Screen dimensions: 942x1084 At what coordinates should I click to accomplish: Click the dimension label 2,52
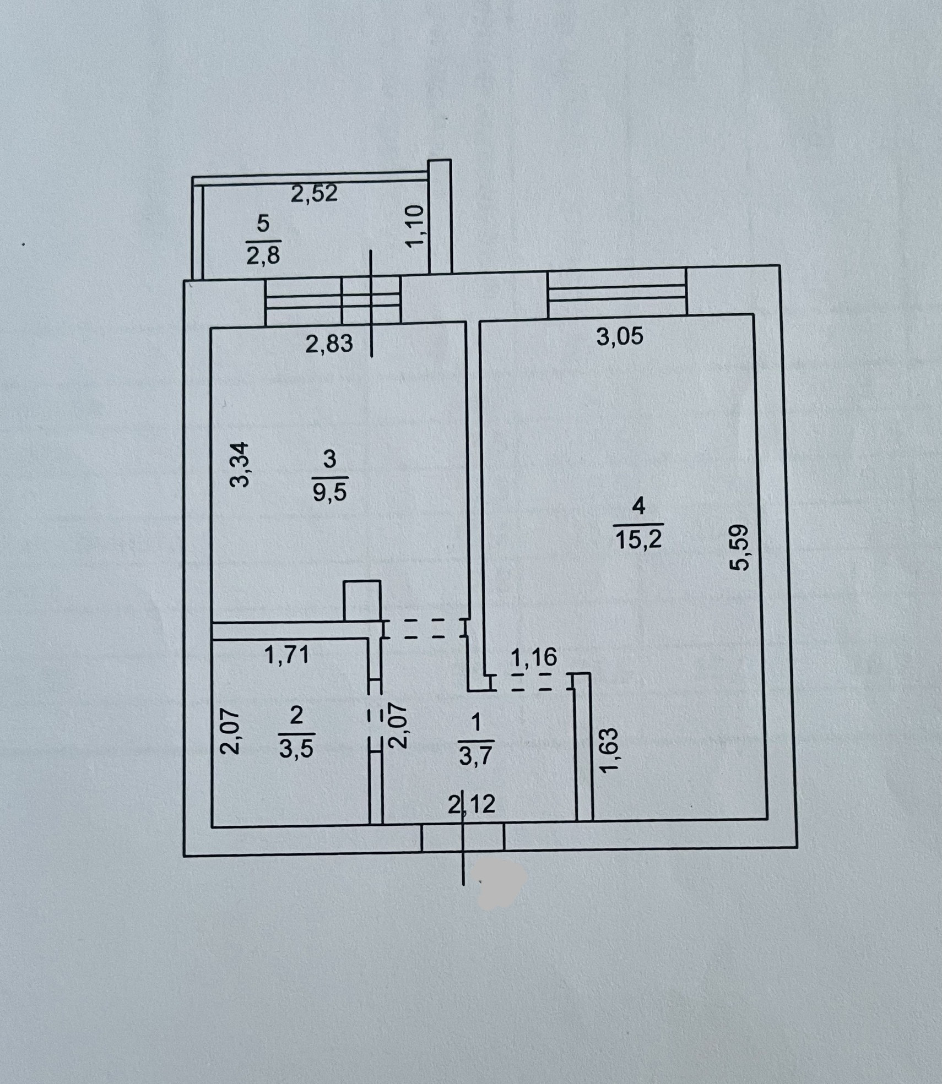coord(314,194)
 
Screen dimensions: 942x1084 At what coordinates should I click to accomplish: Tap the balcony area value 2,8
coord(263,256)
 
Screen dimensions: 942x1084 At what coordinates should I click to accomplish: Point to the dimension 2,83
coord(329,344)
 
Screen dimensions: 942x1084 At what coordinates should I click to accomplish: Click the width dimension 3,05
coord(620,336)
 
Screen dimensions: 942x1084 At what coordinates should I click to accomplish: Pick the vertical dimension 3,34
coord(240,465)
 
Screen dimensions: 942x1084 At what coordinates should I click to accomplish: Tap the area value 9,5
coord(329,492)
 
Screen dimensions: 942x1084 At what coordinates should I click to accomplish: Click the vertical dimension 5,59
coord(739,548)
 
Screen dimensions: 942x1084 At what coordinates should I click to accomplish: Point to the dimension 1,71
coord(286,655)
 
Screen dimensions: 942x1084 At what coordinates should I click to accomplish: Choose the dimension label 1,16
coord(534,657)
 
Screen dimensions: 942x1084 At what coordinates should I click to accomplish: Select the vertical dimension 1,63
coord(610,750)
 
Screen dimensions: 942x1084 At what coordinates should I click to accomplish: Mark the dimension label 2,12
coord(472,805)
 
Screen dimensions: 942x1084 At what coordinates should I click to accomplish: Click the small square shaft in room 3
coord(362,601)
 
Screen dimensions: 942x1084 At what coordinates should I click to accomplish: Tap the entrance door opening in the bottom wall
coord(463,839)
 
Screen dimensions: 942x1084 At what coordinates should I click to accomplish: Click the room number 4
coord(638,505)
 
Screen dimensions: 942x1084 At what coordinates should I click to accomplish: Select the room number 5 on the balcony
coord(263,225)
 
